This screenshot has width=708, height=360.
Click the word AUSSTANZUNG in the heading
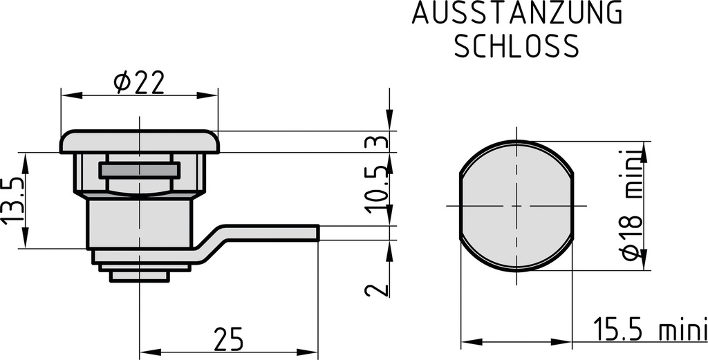[517, 14]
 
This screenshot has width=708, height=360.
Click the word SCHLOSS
[515, 46]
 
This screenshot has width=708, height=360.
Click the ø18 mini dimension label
[631, 206]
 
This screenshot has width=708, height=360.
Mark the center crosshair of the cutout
[516, 206]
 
